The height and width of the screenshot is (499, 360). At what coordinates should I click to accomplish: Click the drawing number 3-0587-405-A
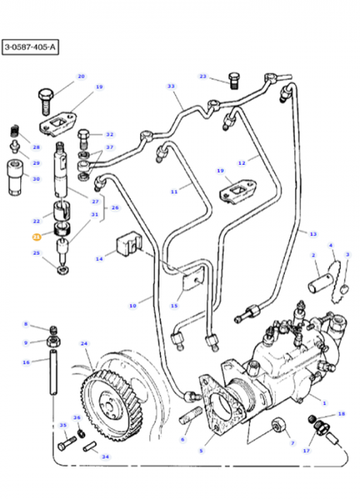(x=29, y=48)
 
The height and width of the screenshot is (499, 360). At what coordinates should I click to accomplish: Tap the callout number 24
(x=84, y=343)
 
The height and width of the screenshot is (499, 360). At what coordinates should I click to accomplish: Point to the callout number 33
(x=171, y=86)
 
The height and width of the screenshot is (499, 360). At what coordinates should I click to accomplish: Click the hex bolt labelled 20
(x=44, y=97)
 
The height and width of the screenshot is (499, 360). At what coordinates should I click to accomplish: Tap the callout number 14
(x=98, y=260)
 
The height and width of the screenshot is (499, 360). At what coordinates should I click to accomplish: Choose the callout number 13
(x=313, y=233)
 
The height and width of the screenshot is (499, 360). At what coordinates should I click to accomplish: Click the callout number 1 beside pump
(x=323, y=402)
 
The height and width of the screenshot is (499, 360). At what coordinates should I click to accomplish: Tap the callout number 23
(x=203, y=76)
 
